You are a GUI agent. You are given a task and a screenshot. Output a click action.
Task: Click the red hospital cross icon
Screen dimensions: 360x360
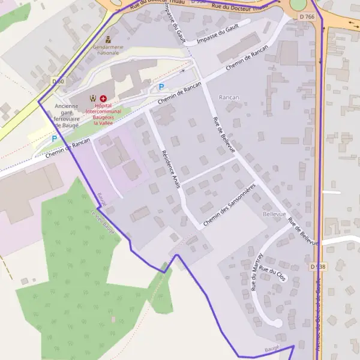coord(103,98)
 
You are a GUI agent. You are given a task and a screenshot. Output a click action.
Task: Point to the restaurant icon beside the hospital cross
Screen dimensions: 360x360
coord(92,98)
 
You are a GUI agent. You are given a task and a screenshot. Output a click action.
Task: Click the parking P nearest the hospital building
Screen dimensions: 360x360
coord(161,88)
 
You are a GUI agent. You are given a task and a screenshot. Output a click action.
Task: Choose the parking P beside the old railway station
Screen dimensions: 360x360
coord(54,139)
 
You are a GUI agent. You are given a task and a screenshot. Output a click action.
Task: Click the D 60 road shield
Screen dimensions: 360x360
coord(58,82)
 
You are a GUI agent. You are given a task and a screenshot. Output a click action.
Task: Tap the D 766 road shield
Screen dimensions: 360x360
coord(306,17)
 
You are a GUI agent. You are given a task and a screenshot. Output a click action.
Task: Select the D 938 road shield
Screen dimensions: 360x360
coord(318,266)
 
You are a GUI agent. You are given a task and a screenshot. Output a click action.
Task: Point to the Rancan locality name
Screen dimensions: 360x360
coord(229,97)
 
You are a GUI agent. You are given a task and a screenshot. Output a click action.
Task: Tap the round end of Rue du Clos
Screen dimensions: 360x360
coord(277,323)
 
